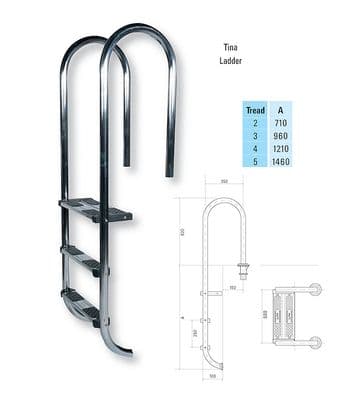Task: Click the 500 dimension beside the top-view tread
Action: coord(265,313)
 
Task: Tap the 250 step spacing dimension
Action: coord(196,331)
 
